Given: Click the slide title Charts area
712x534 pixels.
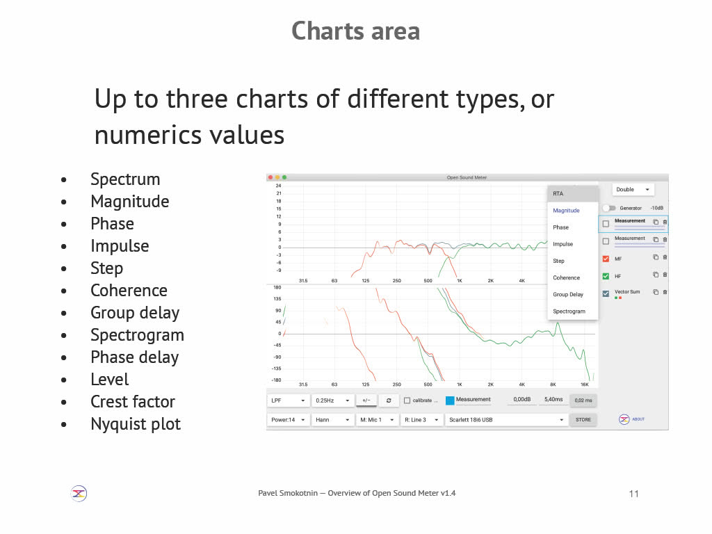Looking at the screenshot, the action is (x=355, y=31).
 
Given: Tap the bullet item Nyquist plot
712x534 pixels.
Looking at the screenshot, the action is (x=136, y=424).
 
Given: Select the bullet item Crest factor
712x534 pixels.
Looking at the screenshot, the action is (x=133, y=401).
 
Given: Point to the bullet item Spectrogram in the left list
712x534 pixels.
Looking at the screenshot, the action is (x=137, y=335).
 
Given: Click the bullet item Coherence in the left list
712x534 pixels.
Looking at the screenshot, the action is (x=129, y=290).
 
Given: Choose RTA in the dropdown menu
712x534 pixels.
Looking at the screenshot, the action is (x=558, y=194).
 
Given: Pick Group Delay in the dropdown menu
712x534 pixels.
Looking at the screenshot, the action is (x=567, y=295).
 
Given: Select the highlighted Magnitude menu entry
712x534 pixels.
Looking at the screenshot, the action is (x=566, y=211).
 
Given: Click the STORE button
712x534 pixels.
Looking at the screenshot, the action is (x=583, y=420).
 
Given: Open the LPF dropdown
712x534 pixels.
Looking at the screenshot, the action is (x=288, y=400).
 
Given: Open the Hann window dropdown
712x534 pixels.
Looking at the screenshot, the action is (x=332, y=420).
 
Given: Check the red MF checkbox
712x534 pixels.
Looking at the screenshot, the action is (x=606, y=259).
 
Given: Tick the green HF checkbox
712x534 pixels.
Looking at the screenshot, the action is (x=606, y=276).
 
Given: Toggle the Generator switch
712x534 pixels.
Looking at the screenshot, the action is (x=609, y=208).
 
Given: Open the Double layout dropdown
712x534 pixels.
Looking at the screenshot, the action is (x=633, y=189).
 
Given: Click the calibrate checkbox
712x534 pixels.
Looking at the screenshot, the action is (x=407, y=400).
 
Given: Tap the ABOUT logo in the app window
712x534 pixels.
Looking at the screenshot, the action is (x=624, y=419).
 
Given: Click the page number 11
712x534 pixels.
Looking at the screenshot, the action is (x=634, y=494).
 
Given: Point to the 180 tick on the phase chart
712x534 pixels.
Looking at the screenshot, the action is (x=277, y=287).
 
